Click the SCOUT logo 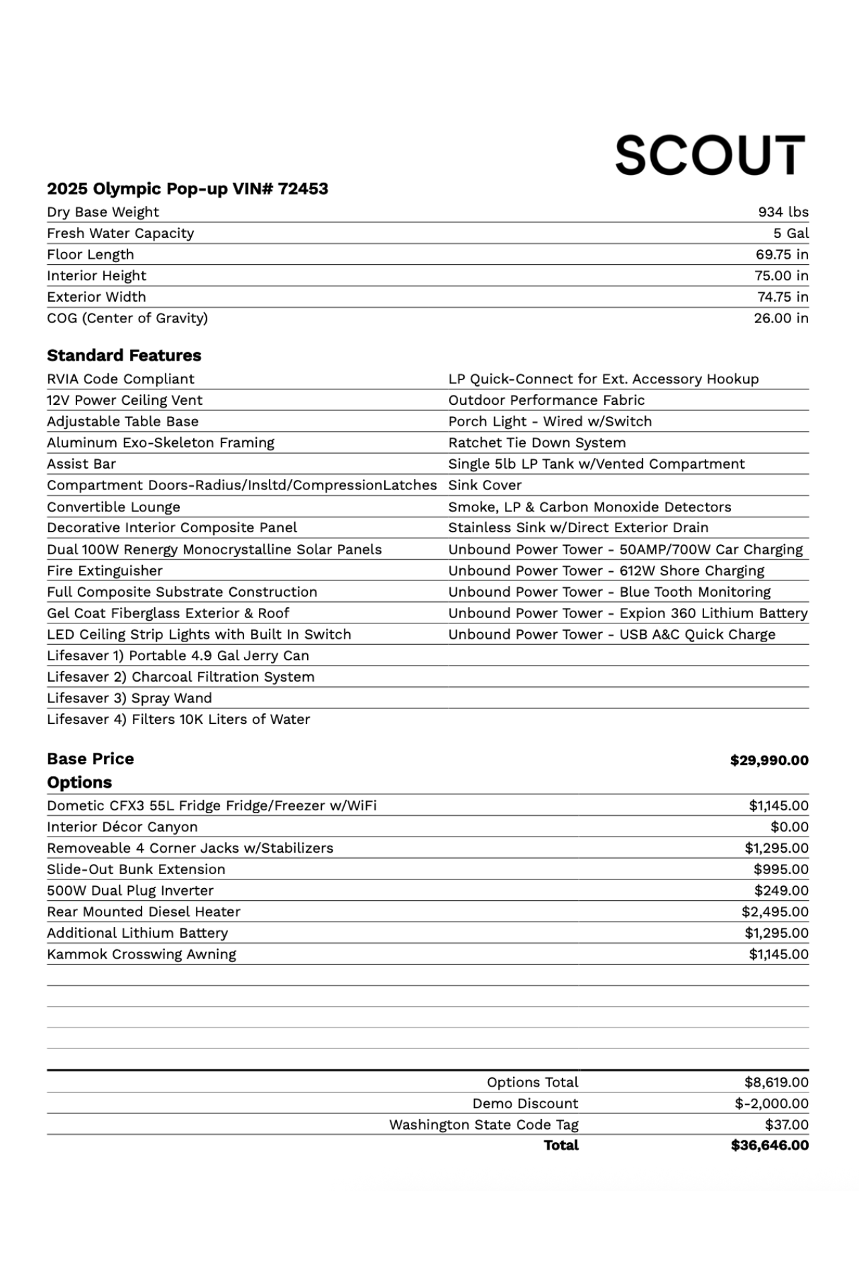point(710,156)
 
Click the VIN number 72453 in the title point(303,189)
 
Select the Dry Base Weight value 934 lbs point(783,212)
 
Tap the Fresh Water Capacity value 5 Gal point(791,233)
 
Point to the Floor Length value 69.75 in point(781,255)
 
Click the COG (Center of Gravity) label point(127,318)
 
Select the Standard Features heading point(124,355)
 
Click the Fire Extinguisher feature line point(105,571)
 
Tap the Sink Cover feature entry point(485,485)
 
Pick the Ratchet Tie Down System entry point(537,443)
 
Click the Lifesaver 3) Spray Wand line point(129,698)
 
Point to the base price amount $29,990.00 point(769,760)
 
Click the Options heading point(79,782)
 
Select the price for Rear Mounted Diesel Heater point(775,912)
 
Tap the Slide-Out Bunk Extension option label point(136,869)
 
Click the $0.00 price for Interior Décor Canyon point(789,827)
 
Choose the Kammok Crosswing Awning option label point(141,955)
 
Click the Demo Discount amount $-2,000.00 point(771,1103)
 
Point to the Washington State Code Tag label point(483,1125)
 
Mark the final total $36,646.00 point(769,1146)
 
